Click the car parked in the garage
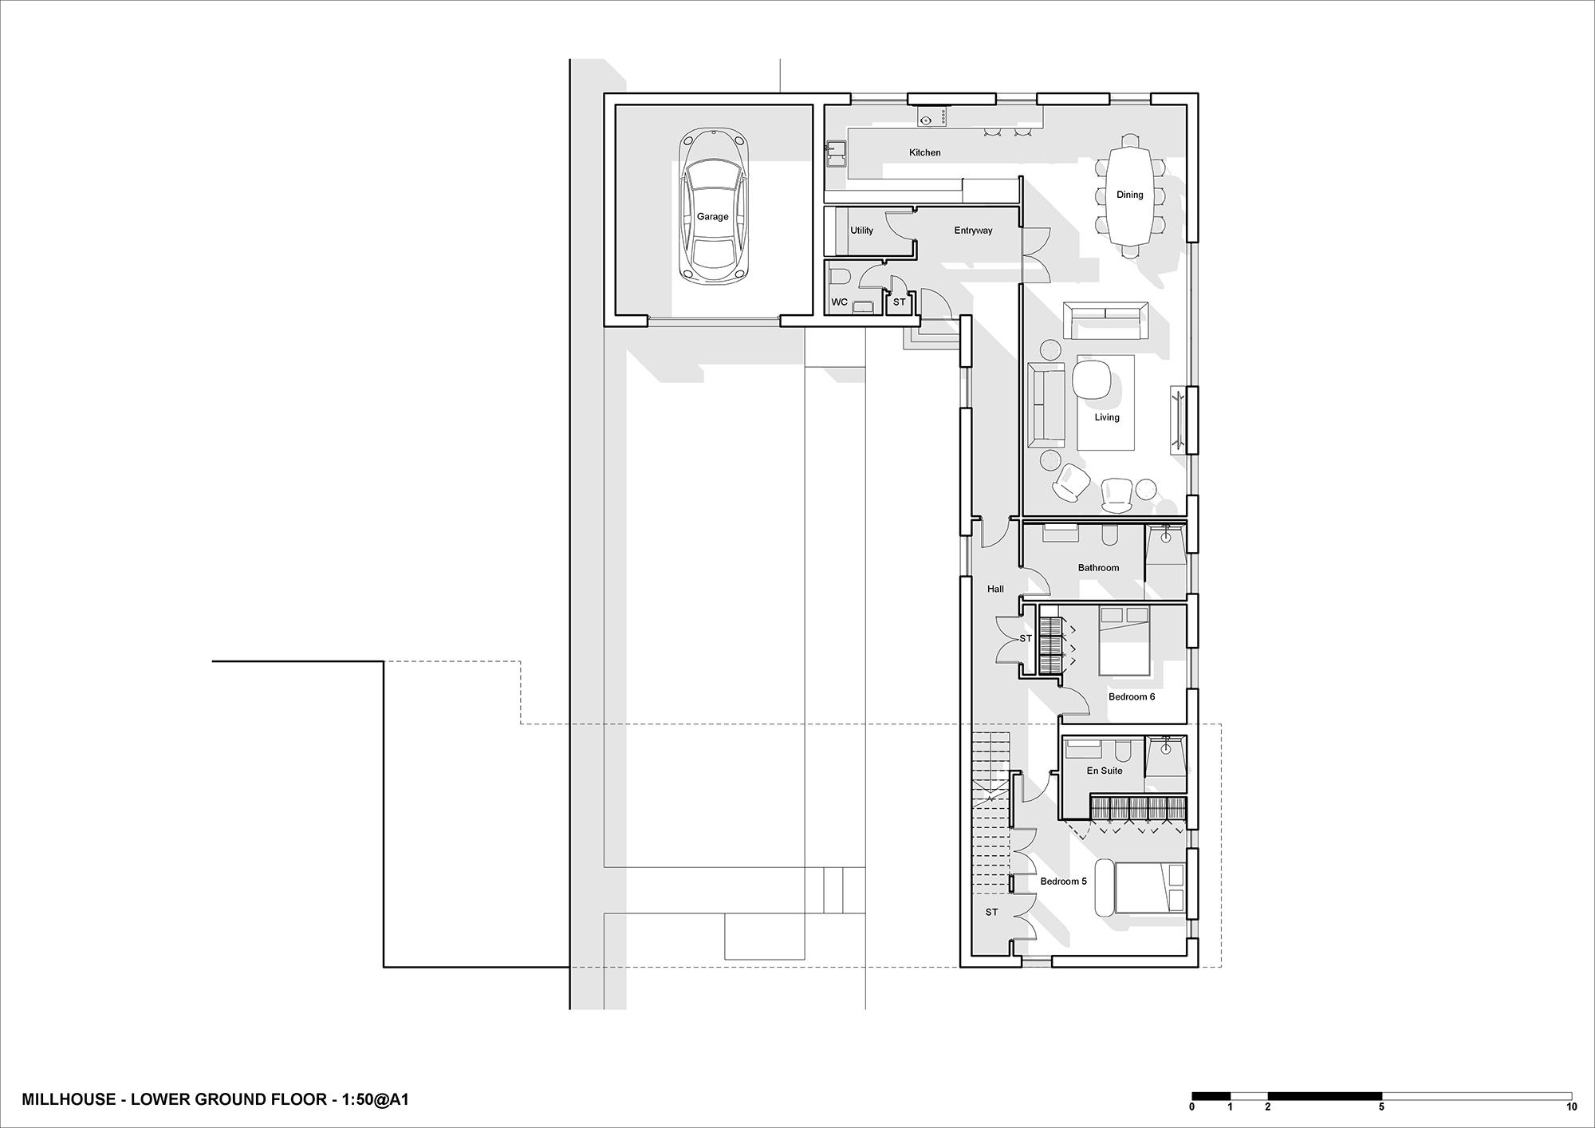coord(714,206)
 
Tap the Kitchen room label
coord(925,152)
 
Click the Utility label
coord(861,231)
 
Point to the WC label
coord(839,302)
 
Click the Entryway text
coord(973,231)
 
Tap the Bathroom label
coord(1098,568)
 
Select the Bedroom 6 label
coord(1132,697)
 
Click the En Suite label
coord(1105,771)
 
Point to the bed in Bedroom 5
coord(1140,888)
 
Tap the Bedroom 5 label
coord(1063,881)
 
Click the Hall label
coord(995,589)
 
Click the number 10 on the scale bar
coord(1571,1107)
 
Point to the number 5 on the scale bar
coord(1381,1107)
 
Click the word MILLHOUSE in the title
coord(67,1100)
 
